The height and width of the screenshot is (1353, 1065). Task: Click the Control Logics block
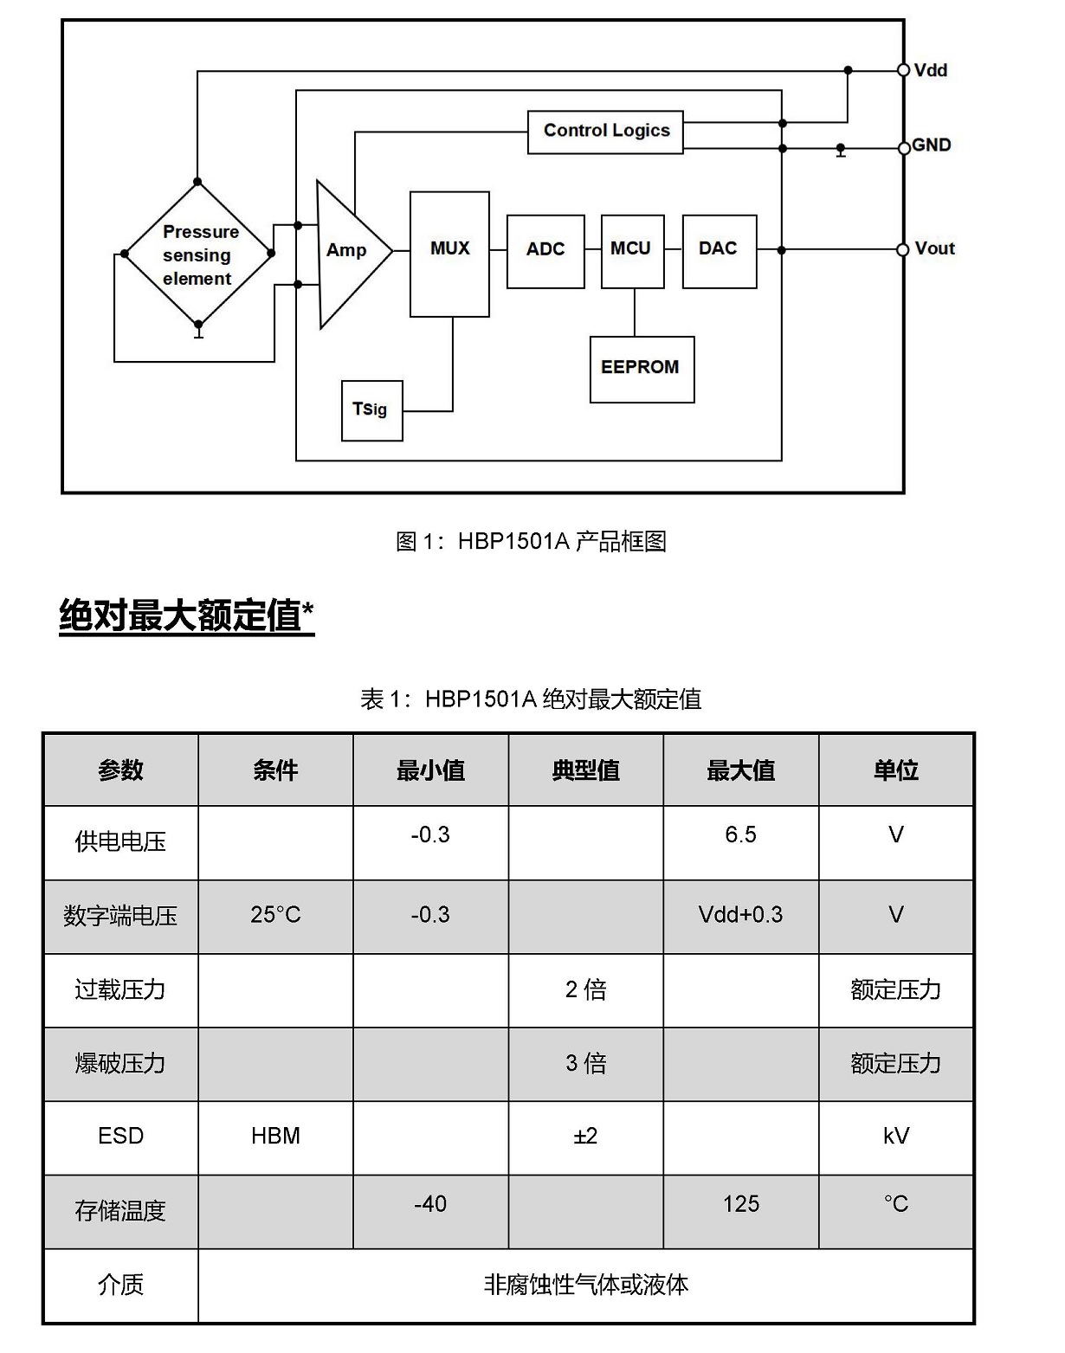click(605, 132)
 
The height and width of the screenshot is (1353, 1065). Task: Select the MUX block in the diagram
click(449, 254)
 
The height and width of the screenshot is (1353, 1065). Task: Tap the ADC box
click(545, 252)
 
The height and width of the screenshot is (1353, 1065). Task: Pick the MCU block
click(632, 252)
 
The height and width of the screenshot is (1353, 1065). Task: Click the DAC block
click(719, 252)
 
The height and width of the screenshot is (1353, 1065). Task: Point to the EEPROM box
click(642, 370)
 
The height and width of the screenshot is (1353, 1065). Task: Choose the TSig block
click(371, 410)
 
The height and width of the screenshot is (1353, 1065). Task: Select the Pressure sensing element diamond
click(197, 254)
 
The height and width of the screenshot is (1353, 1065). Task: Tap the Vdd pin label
click(931, 70)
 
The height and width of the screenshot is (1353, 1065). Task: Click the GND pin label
click(931, 145)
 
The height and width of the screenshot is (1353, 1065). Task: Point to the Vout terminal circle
click(903, 249)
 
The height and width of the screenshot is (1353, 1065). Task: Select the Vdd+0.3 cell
click(740, 915)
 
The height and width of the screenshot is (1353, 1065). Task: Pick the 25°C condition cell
click(275, 915)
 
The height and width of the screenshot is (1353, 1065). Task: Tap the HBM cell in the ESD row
click(275, 1136)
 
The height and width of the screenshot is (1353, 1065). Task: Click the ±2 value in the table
click(585, 1136)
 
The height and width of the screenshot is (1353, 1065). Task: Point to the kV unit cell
click(896, 1136)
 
